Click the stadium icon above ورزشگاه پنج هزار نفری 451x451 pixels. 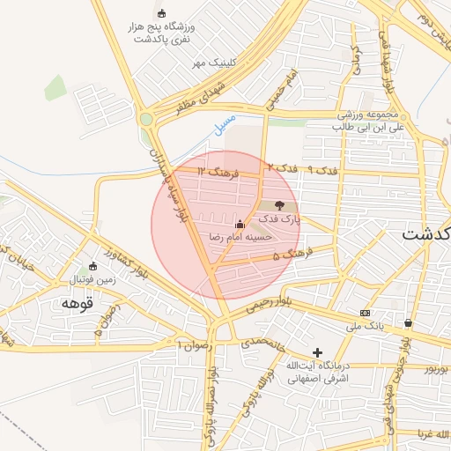point(161,13)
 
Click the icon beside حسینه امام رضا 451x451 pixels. point(240,224)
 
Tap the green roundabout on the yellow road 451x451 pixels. point(146,119)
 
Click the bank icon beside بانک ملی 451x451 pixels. point(365,313)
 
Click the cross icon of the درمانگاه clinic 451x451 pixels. point(318,352)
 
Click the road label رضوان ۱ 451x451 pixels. point(194,344)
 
